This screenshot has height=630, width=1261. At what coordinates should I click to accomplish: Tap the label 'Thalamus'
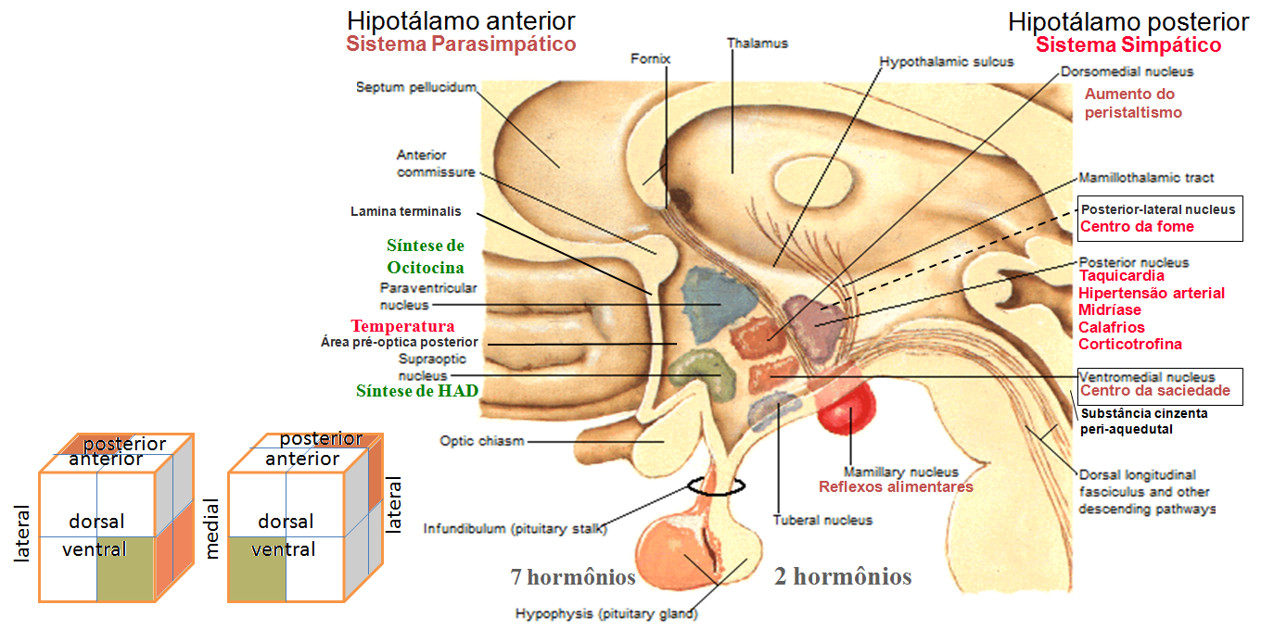(756, 43)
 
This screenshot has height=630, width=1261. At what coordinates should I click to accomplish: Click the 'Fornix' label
(650, 58)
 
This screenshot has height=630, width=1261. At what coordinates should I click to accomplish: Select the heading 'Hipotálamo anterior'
(461, 20)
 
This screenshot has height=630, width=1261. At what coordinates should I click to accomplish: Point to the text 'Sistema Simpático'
(1127, 44)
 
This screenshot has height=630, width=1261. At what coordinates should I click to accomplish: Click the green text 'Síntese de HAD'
(417, 391)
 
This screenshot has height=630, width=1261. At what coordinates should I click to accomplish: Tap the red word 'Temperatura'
(402, 326)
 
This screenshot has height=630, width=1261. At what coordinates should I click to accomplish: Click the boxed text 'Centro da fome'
(1137, 227)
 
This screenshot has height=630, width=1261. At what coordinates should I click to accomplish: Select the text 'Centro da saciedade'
(1154, 391)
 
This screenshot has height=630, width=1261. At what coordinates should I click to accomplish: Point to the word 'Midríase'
(1110, 310)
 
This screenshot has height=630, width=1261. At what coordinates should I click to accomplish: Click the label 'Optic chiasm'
(481, 441)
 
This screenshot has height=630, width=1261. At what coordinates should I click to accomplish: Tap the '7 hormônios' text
(573, 577)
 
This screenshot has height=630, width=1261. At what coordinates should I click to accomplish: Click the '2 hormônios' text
(843, 577)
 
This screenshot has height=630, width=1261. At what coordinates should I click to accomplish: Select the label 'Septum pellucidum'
(415, 87)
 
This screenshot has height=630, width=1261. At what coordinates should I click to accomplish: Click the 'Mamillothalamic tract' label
(1146, 177)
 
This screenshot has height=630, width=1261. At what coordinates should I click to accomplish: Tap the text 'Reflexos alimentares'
(896, 486)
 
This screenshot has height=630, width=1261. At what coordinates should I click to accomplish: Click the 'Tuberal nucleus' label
(822, 520)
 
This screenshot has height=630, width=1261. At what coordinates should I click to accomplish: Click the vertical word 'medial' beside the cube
(212, 529)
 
